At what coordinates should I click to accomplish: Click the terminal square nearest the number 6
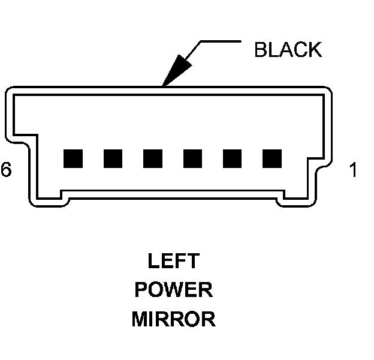tap(73, 158)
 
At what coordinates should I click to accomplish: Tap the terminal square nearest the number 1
tap(272, 158)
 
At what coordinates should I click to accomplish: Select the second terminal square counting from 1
tap(232, 158)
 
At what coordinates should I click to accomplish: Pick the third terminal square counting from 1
tap(192, 158)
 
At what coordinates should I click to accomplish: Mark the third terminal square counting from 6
tap(152, 158)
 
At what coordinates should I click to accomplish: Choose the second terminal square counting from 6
tap(113, 158)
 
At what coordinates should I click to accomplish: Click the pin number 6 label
tap(6, 170)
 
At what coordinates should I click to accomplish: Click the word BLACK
tap(288, 50)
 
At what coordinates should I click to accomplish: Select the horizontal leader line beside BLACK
tap(219, 42)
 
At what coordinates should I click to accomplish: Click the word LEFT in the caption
tap(173, 262)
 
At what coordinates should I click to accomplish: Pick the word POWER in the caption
tap(173, 290)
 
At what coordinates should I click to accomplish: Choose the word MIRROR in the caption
tap(173, 319)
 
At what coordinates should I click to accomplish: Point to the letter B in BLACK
tap(261, 50)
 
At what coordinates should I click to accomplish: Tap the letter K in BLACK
tap(315, 50)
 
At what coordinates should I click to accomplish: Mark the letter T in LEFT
tap(192, 262)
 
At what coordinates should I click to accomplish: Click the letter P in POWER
tap(141, 290)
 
